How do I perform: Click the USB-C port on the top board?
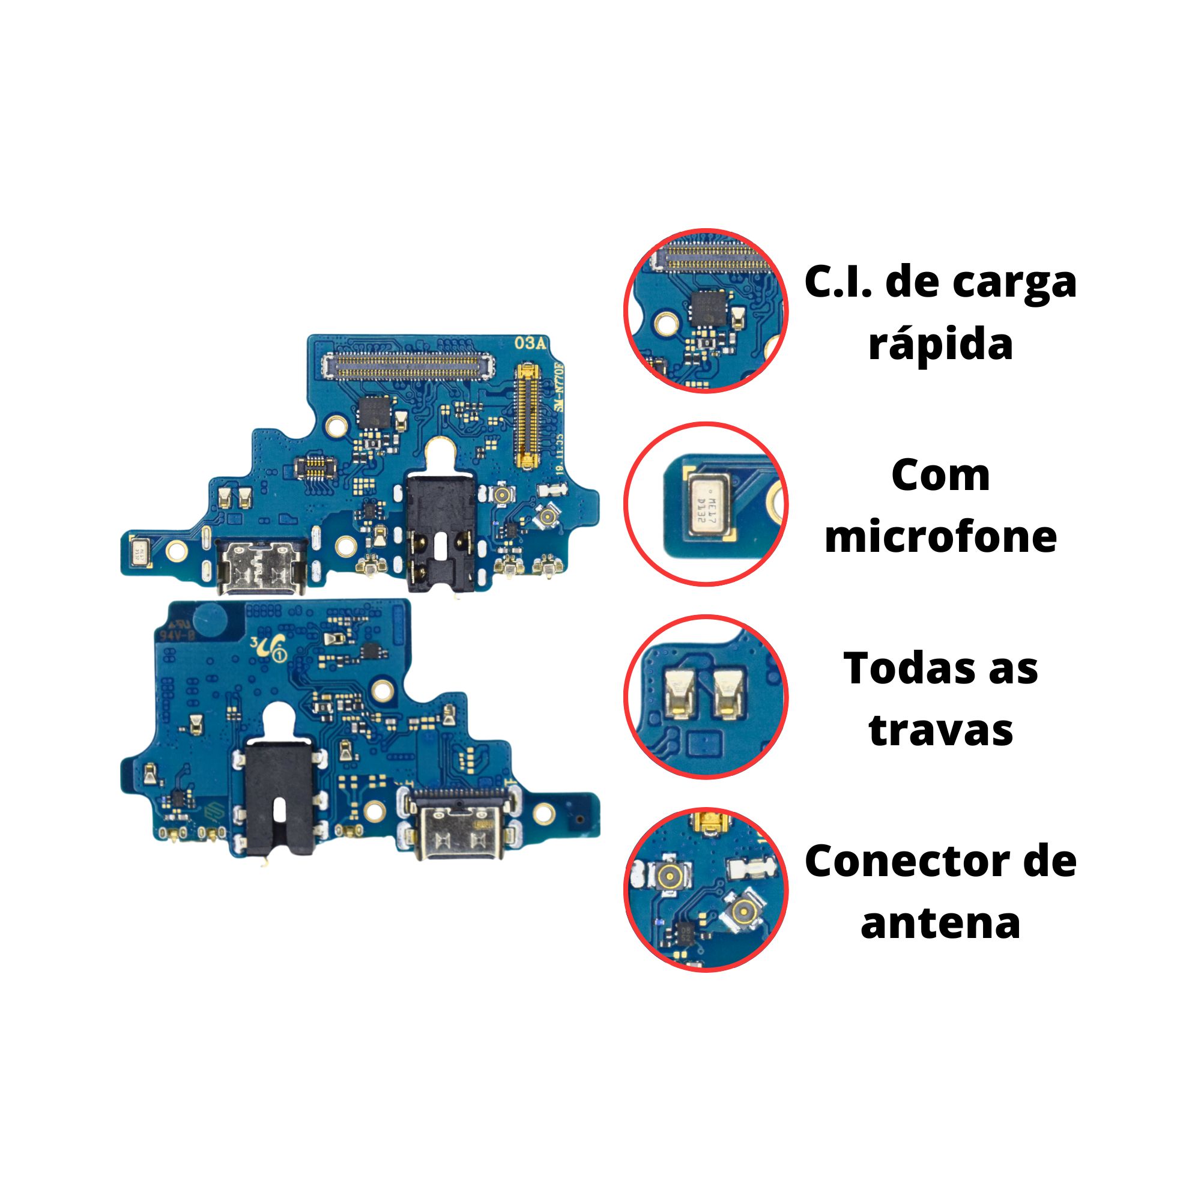coord(261,565)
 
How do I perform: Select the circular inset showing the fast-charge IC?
coord(706,311)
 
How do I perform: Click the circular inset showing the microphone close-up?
coord(706,504)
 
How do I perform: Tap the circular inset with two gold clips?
coord(706,697)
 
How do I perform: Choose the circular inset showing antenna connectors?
coord(706,890)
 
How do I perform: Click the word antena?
coord(940,922)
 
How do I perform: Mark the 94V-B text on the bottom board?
coord(178,636)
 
